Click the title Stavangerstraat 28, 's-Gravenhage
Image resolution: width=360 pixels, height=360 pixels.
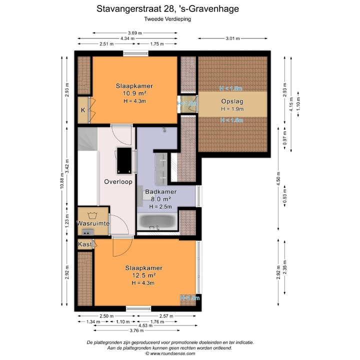pos(167,8)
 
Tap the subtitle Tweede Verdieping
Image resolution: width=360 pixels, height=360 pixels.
pos(167,19)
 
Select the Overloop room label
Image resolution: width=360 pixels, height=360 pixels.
pos(118,182)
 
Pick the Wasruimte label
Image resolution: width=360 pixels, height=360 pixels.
pos(93,223)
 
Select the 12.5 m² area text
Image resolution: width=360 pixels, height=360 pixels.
pos(144,275)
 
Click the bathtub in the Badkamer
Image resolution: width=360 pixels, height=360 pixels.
pos(156,221)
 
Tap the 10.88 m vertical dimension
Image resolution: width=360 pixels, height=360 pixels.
pos(62,182)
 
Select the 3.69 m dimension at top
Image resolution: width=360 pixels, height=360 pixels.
pos(134,33)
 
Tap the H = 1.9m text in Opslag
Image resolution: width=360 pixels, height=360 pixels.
pos(231,109)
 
